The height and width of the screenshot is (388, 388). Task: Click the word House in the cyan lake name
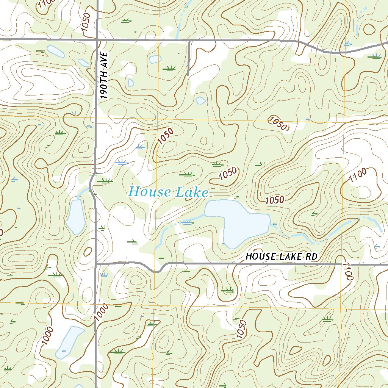(150, 192)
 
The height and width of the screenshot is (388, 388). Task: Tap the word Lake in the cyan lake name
(192, 192)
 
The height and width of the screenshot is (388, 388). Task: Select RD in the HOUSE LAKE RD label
(311, 257)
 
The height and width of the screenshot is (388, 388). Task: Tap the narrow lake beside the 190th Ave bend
(75, 216)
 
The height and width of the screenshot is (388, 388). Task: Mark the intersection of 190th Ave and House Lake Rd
(96, 263)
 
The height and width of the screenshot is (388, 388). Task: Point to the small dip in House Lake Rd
(155, 270)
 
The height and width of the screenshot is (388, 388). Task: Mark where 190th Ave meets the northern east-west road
(97, 39)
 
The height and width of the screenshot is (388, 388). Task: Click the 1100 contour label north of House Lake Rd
(357, 175)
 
